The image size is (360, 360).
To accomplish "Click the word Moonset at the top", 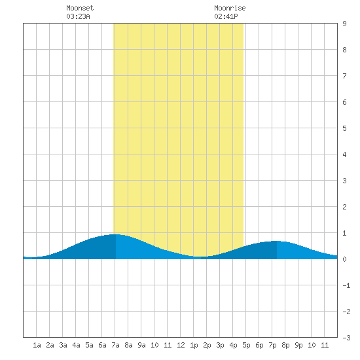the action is click(x=80, y=8).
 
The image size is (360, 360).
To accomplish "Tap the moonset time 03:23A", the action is click(x=78, y=16).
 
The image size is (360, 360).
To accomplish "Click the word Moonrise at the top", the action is click(x=230, y=8).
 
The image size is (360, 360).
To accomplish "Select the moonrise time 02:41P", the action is click(x=226, y=16).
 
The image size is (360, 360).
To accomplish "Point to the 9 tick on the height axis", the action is click(x=344, y=24).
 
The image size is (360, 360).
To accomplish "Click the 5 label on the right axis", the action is click(x=344, y=128).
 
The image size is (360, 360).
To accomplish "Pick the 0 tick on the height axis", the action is click(x=344, y=259).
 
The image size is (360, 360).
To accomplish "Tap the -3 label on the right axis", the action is click(x=346, y=338).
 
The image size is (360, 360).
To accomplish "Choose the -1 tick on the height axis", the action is click(x=346, y=285).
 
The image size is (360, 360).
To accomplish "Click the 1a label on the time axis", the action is click(x=37, y=345).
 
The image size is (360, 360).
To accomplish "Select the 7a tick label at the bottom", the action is click(x=115, y=345).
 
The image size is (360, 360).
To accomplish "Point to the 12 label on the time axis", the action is click(x=181, y=345).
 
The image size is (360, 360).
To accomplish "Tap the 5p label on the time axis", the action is click(x=246, y=345).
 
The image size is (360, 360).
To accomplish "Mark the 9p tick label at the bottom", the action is click(x=298, y=345).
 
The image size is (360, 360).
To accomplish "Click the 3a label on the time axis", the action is click(x=63, y=345).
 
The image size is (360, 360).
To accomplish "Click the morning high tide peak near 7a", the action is click(x=116, y=234).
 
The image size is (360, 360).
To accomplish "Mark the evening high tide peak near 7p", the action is click(x=277, y=241).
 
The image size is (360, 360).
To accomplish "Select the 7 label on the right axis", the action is click(x=344, y=76).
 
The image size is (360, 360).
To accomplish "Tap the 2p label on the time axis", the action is click(x=207, y=345).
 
